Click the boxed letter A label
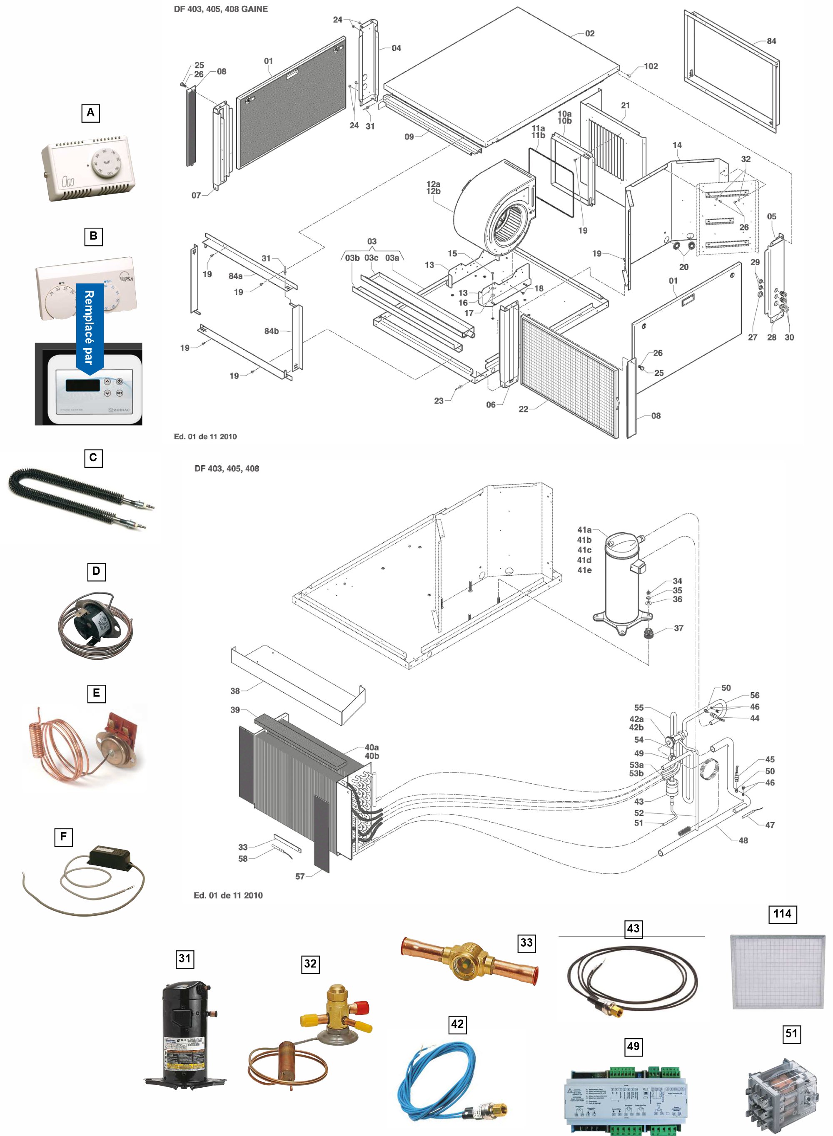tap(90, 113)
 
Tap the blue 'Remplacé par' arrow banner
tap(90, 328)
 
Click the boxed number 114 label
tap(782, 914)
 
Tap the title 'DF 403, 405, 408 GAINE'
tap(221, 9)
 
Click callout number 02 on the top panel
tap(589, 34)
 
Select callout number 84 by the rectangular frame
tap(771, 41)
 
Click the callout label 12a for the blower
tap(433, 184)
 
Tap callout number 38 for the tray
tap(235, 691)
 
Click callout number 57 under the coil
tap(300, 876)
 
